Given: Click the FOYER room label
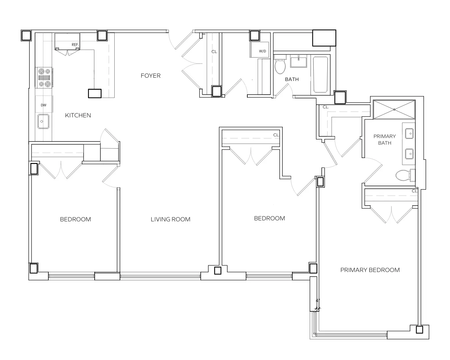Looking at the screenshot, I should tap(150, 76).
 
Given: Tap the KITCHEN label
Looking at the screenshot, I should tap(78, 115).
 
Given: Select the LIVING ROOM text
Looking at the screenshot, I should tap(170, 219).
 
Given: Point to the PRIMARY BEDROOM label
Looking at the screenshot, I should tap(370, 270).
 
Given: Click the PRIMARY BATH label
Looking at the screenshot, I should tap(384, 139).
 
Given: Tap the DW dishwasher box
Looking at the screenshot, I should tap(44, 105).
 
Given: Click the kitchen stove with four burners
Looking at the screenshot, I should tap(44, 78).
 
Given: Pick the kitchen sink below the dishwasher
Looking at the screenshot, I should tap(43, 121).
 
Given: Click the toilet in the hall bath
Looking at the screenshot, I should tap(280, 65).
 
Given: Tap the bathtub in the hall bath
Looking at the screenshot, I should tap(321, 74).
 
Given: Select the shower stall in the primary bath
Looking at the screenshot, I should tap(394, 109).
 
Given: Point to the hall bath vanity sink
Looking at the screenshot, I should tap(299, 62).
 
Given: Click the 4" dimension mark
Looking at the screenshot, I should tap(318, 300).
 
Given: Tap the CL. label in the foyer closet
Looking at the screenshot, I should tap(214, 52).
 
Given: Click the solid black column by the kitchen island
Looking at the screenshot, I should tap(95, 93).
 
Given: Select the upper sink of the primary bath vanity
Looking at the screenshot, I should tap(409, 134).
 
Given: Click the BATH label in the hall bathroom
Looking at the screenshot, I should tap(292, 79).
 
